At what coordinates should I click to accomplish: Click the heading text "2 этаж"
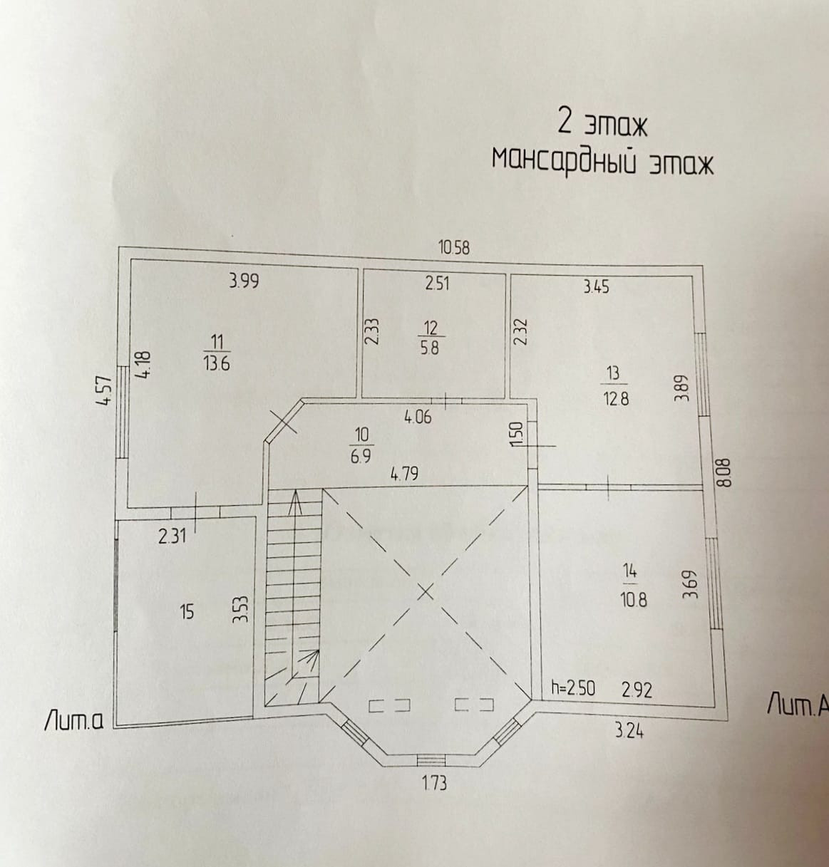coord(602,124)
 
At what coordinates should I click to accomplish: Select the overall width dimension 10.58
coord(454,248)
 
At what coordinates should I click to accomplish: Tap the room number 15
coord(187,611)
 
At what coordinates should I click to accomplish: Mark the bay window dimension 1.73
coord(433,784)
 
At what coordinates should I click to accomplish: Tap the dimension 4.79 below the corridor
coord(403,473)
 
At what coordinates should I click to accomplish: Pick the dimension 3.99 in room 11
coord(244,281)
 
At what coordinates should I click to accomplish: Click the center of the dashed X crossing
coord(426,591)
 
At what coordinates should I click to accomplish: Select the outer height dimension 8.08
coord(726,472)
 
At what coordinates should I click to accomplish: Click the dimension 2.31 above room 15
coord(172,536)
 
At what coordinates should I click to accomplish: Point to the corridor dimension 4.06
coord(418,417)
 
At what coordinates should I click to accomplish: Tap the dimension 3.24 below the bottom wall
coord(628,730)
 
